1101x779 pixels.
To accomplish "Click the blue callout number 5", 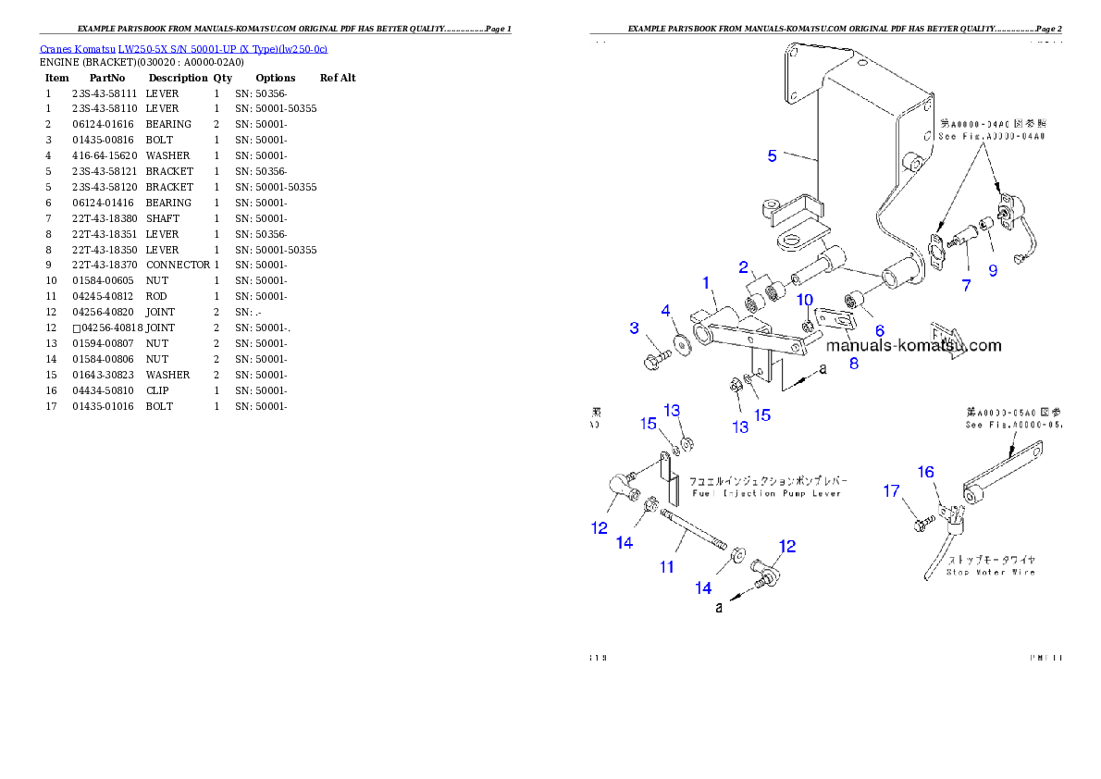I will tap(772, 155).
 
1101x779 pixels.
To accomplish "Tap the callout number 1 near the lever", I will tap(705, 282).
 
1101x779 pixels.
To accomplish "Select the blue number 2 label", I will tap(743, 267).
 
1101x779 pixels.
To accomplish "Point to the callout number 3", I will tap(634, 328).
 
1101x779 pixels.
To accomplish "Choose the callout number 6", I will tap(879, 330).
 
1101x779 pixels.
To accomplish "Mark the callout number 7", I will tap(966, 286).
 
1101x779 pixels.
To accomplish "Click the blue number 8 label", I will tap(853, 363).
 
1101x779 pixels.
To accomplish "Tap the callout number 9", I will tap(993, 270).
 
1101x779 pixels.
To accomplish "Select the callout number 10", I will tap(805, 300).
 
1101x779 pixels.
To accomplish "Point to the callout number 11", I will tap(666, 566).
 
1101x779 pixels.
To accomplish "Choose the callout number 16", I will tap(925, 472).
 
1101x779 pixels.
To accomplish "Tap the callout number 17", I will tap(891, 491).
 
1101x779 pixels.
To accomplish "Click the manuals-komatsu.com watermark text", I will tap(913, 345).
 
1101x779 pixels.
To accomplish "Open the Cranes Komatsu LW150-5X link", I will tap(183, 49).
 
